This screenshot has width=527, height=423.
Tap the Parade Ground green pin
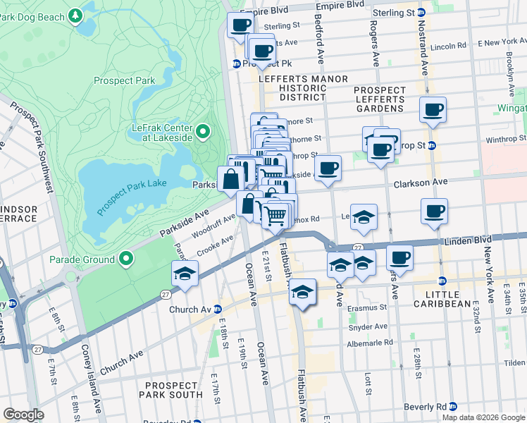pos(127,259)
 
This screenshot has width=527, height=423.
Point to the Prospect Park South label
pos(171,391)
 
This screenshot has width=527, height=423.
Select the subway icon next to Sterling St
pos(421,12)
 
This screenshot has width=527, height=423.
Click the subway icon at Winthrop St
pos(432,146)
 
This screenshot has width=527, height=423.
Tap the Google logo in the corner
pos(23,415)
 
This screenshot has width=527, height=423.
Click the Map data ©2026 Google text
pos(483,417)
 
